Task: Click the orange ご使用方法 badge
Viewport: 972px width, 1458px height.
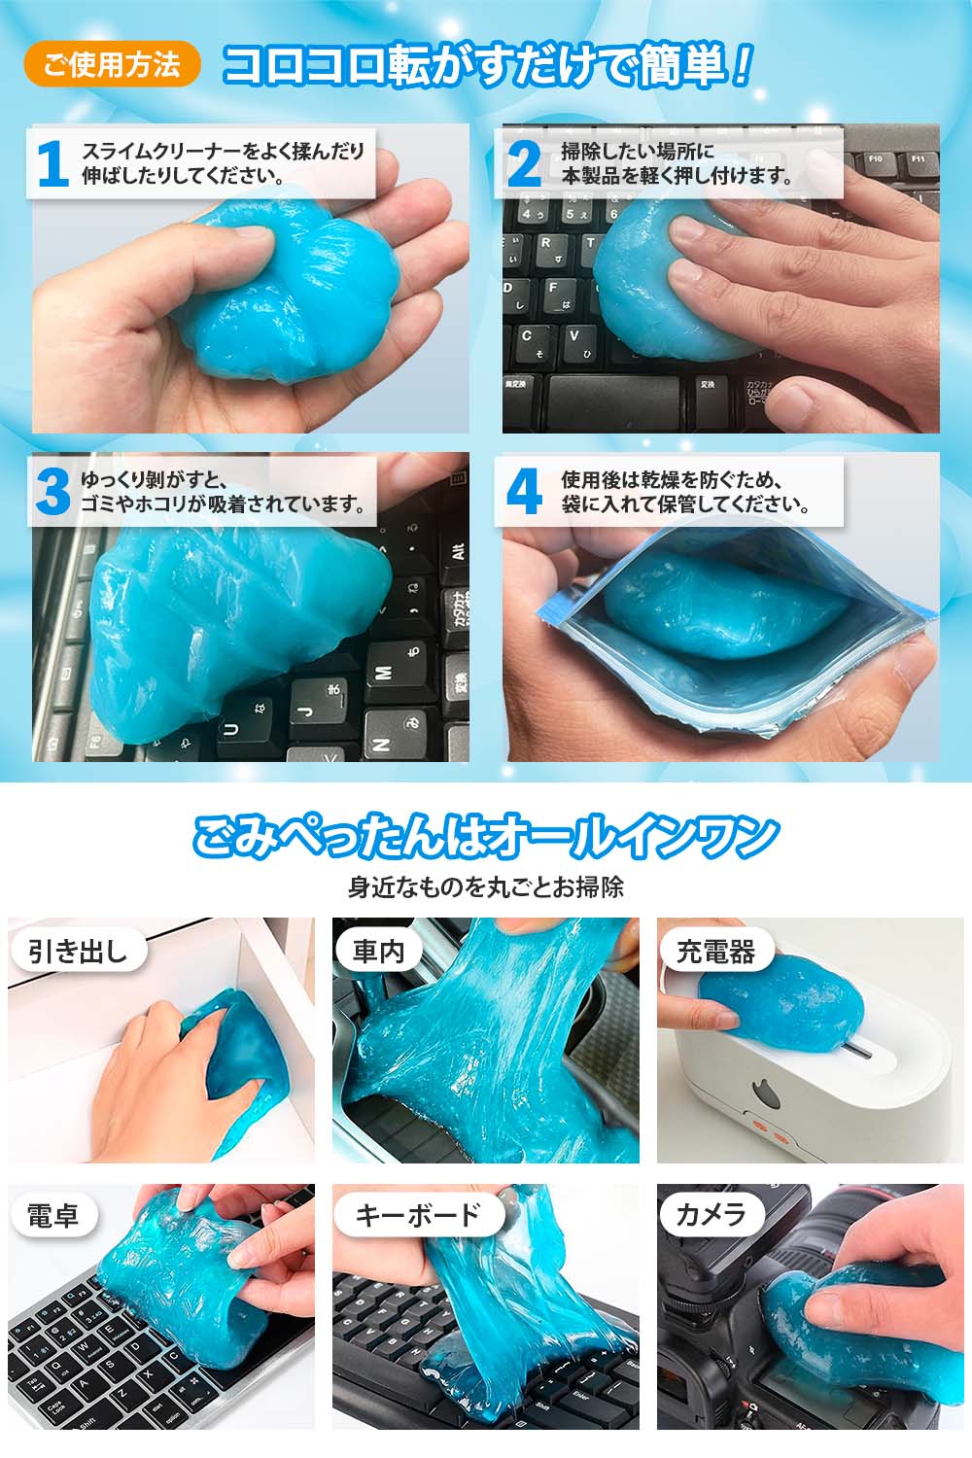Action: pos(112,64)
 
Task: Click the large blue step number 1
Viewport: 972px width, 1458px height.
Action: pos(53,164)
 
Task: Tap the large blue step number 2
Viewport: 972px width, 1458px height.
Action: pos(524,164)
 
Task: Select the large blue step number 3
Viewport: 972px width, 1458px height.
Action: pos(52,492)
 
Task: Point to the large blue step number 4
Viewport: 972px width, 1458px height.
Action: pos(524,491)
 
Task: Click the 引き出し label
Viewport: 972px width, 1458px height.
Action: pos(78,952)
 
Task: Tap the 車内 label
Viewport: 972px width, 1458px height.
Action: pos(378,952)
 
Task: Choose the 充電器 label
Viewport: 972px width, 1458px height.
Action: pos(715,952)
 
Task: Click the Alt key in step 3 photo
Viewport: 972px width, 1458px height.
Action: pos(457,548)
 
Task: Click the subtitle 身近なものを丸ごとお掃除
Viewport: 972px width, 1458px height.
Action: pos(486,887)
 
